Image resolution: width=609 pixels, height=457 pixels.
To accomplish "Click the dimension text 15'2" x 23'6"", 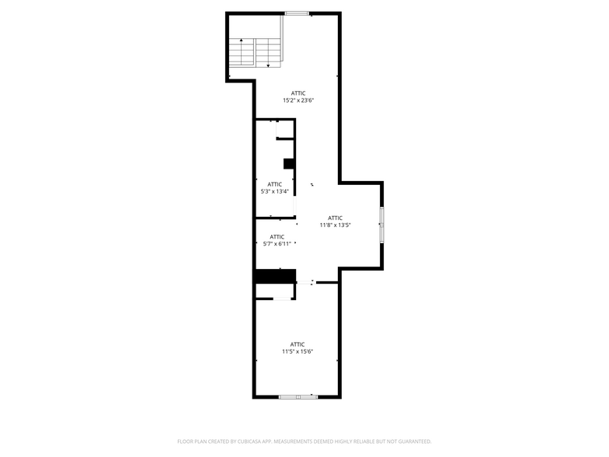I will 298,100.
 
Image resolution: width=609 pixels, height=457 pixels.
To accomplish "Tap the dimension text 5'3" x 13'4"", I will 274,191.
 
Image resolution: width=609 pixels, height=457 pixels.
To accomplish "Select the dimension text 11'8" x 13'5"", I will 336,225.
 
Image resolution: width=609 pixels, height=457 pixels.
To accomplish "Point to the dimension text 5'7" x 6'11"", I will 277,244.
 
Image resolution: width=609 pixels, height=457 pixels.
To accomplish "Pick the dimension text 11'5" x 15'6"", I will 298,351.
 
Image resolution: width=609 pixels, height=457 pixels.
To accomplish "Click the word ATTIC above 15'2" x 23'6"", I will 298,93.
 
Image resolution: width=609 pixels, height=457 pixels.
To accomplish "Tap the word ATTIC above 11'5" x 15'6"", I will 298,344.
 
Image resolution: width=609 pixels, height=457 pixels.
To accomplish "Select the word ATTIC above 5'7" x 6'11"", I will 277,237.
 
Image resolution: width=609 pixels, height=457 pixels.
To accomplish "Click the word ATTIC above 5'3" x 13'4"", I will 274,184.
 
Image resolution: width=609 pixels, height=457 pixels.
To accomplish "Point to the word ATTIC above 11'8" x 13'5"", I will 336,218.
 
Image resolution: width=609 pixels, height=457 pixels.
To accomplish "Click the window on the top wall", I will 296,13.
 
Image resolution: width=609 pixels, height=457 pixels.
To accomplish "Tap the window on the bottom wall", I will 298,397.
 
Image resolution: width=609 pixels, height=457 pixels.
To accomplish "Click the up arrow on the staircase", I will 242,40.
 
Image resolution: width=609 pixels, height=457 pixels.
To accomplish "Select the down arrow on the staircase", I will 268,65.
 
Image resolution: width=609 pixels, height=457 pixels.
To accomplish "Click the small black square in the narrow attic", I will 289,163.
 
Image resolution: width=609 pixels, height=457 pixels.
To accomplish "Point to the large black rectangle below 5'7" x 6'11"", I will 276,276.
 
